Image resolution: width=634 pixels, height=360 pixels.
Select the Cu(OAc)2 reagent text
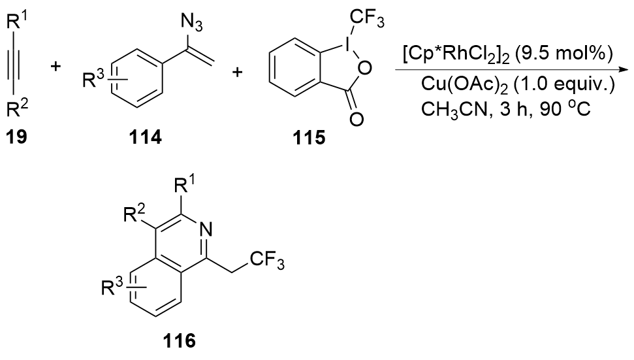coord(451,87)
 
